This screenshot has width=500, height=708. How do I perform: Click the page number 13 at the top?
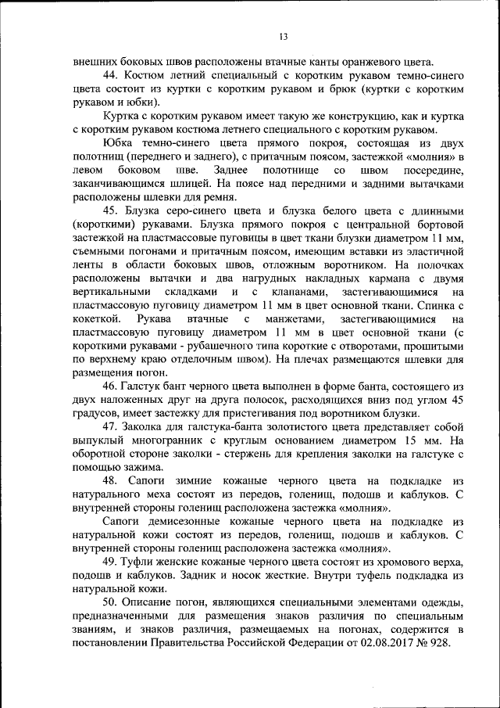pyautogui.click(x=283, y=36)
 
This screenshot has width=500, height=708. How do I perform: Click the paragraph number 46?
pyautogui.click(x=112, y=387)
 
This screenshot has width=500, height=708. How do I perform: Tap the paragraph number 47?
pyautogui.click(x=112, y=428)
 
